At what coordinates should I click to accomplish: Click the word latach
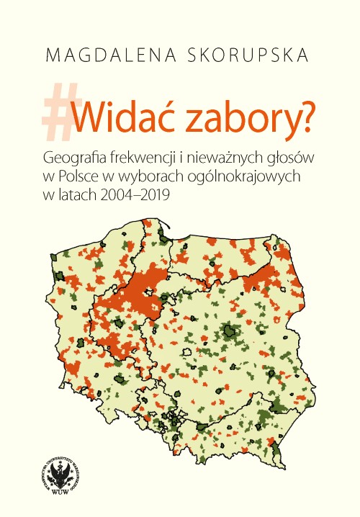(x=76, y=195)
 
